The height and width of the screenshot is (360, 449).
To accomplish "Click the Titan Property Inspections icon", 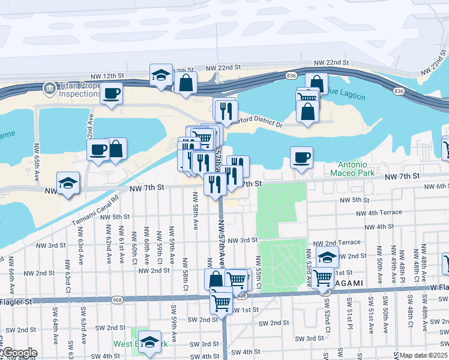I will (x=49, y=89).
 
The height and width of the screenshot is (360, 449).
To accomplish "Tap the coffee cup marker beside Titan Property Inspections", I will (x=112, y=94).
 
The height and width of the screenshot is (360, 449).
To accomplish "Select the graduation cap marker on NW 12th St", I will (x=161, y=75).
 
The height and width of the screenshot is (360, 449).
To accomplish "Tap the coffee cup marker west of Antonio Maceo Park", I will (x=301, y=158).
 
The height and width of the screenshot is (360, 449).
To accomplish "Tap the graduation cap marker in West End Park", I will (x=150, y=342).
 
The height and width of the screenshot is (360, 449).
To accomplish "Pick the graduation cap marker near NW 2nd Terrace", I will (x=327, y=257).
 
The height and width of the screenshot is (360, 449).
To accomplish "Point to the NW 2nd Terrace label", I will (x=337, y=242).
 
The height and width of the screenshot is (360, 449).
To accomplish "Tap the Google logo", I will (x=19, y=353).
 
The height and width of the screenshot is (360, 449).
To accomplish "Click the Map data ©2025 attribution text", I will (x=424, y=355).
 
